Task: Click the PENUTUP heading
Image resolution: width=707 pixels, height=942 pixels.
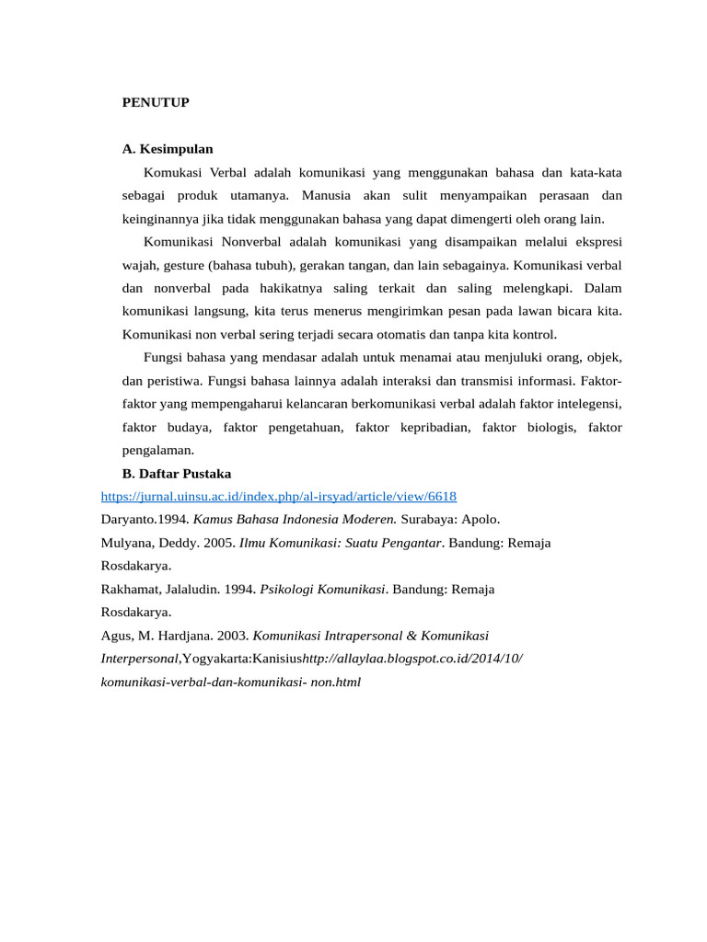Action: point(156,103)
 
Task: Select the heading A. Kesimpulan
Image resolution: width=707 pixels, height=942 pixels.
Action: point(168,148)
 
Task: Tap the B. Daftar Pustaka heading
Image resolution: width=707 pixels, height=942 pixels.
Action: point(177,474)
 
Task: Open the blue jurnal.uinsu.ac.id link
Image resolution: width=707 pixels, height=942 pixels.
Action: point(278,497)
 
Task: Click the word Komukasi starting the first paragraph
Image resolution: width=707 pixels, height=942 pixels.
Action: point(173,172)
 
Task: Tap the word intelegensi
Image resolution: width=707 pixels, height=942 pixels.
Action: point(586,404)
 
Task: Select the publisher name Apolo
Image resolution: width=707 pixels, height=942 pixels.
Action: point(481,520)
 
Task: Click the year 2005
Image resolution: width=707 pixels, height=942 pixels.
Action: point(218,543)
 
